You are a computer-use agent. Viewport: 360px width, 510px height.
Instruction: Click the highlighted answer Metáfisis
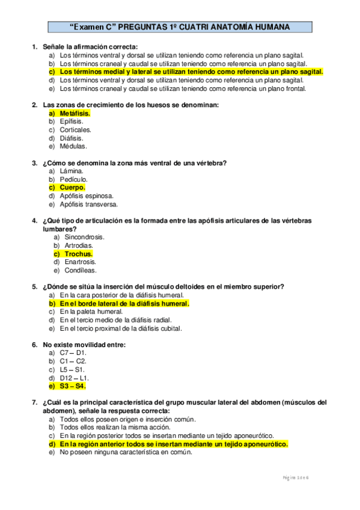pos(75,113)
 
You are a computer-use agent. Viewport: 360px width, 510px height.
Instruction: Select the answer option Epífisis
pos(72,121)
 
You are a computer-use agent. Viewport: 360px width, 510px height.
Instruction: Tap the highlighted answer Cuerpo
pos(72,187)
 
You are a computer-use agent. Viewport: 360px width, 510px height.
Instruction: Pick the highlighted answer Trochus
pos(79,253)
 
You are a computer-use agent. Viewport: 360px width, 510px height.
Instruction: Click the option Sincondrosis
pos(85,237)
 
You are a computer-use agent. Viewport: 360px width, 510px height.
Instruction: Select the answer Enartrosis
pos(81,262)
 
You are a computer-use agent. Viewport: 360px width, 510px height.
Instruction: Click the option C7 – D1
pos(73,352)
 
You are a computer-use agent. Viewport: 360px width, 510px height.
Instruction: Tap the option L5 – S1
pos(72,369)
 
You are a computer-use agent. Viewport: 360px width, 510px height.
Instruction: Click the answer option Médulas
pos(73,146)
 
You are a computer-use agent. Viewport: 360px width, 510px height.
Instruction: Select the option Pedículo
pos(73,179)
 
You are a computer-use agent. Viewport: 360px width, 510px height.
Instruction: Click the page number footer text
pos(296,478)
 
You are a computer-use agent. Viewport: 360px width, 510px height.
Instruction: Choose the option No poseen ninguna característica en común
pos(126,452)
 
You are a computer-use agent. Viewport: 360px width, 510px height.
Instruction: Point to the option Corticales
pos(75,130)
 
